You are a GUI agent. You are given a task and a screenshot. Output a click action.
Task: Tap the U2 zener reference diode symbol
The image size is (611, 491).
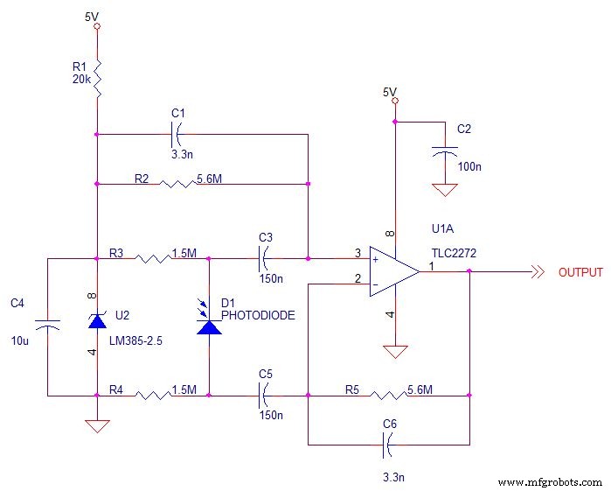point(97,322)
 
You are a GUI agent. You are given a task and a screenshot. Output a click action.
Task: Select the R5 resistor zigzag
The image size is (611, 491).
point(386,396)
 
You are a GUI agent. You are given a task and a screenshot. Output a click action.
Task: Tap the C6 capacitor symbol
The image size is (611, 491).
point(390,445)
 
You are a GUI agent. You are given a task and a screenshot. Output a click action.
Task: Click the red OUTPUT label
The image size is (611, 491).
point(580,272)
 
